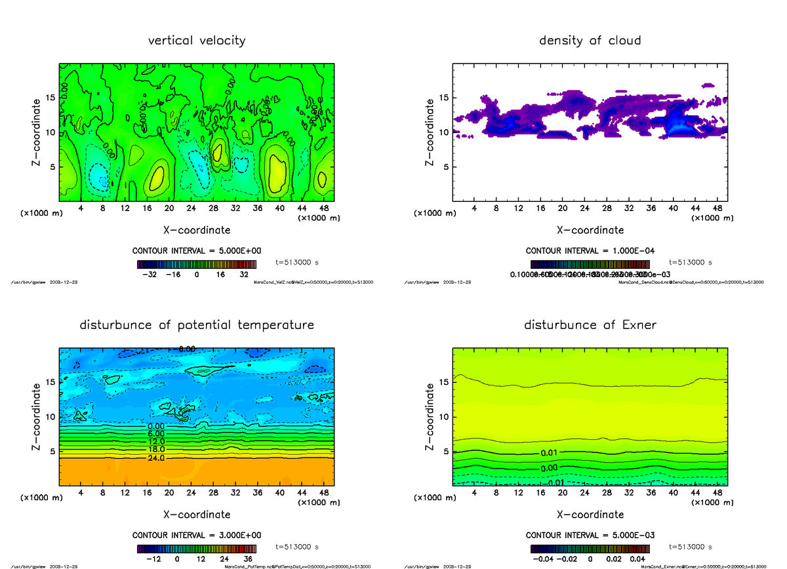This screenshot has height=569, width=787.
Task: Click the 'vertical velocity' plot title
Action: pyautogui.click(x=197, y=41)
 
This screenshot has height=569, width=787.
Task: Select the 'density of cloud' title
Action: pyautogui.click(x=590, y=41)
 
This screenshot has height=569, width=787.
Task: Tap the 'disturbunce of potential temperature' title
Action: pyautogui.click(x=197, y=325)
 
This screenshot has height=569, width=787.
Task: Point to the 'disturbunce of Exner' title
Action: pyautogui.click(x=590, y=325)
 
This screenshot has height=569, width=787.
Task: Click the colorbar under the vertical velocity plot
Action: pyautogui.click(x=197, y=264)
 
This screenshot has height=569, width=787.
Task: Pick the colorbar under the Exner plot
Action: pyautogui.click(x=590, y=549)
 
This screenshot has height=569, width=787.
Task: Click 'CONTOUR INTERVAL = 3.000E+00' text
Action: pyautogui.click(x=197, y=535)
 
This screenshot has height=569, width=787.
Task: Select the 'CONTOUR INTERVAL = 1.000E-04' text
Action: pyautogui.click(x=590, y=250)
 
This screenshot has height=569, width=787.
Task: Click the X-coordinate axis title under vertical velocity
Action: pyautogui.click(x=197, y=230)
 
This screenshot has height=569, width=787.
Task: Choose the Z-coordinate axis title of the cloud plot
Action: pyautogui.click(x=430, y=132)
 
